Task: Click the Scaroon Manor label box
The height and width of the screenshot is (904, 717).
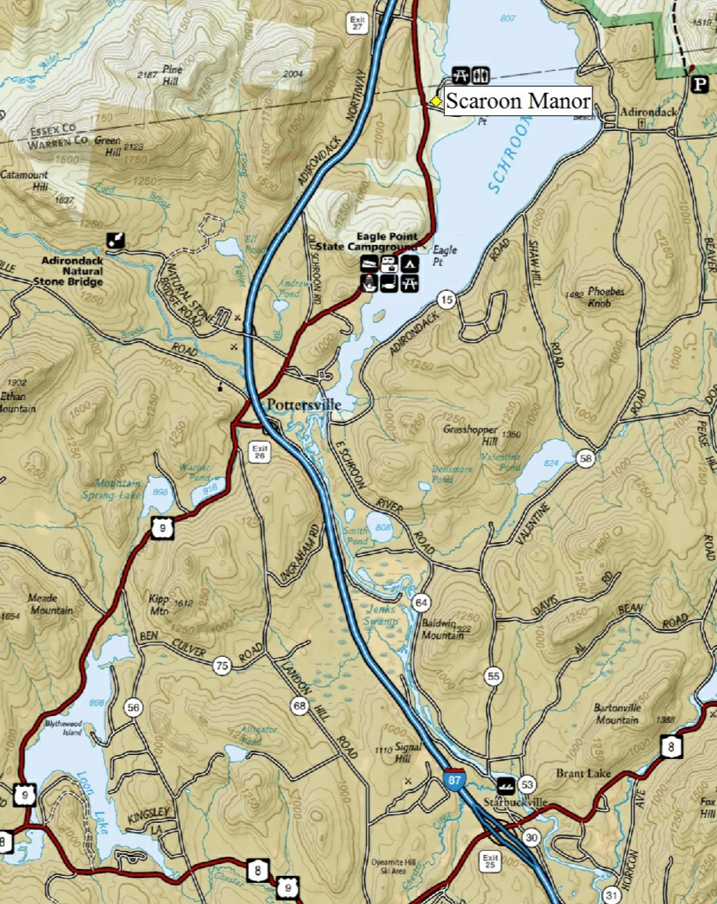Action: click(517, 101)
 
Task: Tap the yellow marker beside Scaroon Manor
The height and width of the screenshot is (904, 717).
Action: click(436, 101)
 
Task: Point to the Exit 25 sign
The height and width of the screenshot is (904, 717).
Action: click(489, 862)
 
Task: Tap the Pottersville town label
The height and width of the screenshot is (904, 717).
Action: click(305, 406)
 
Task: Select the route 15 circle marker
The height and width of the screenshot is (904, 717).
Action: click(446, 300)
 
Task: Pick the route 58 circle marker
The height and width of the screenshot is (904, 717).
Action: click(585, 459)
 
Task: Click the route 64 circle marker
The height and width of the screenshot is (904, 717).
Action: click(422, 602)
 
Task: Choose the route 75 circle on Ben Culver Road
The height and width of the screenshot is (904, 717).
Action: click(222, 665)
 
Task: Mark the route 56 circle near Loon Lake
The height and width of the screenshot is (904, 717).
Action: click(133, 707)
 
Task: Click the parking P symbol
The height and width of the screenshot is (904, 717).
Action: click(693, 83)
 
